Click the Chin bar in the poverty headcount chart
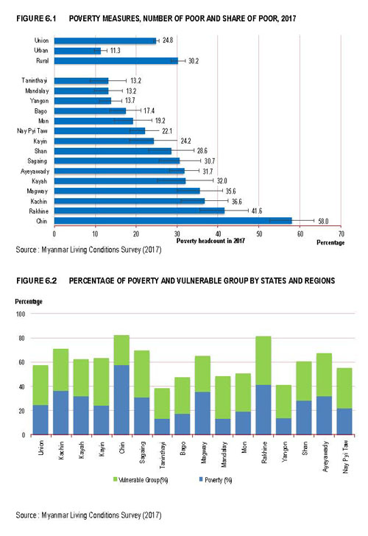(173, 220)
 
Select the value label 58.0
(323, 221)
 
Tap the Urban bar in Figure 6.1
(77, 51)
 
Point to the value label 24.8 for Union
(167, 40)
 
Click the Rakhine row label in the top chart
(38, 211)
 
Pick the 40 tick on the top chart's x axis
(218, 234)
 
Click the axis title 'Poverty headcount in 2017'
(210, 241)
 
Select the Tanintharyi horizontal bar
(81, 81)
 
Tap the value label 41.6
(257, 211)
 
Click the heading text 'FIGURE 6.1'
(36, 18)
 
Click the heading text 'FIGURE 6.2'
(37, 281)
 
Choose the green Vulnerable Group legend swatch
(115, 479)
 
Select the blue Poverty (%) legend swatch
(201, 479)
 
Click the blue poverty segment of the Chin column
(121, 400)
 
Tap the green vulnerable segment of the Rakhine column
(263, 361)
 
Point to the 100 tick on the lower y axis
(21, 314)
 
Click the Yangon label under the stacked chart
(284, 452)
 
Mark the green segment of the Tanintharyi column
(162, 403)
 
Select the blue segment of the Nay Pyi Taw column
(344, 422)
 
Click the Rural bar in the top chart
(116, 61)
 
